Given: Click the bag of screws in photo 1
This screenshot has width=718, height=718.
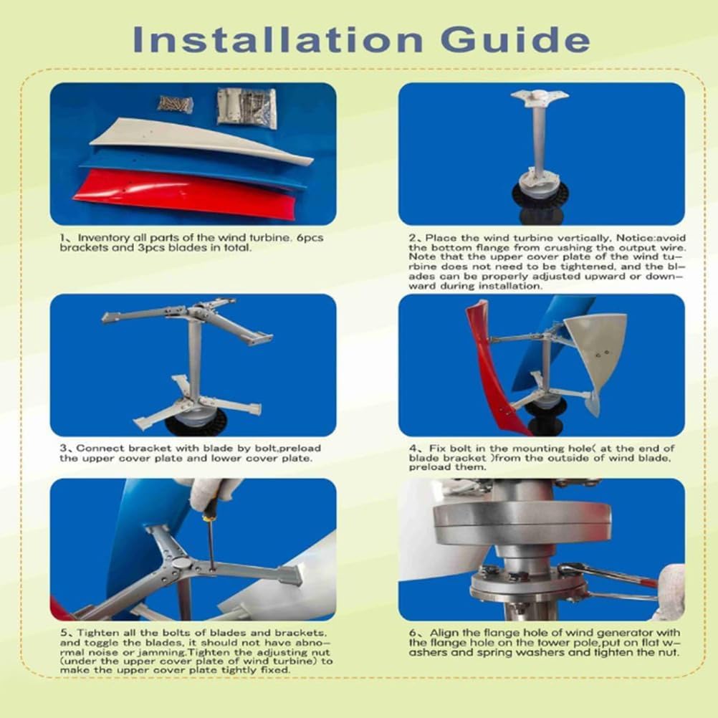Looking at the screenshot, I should [176, 105].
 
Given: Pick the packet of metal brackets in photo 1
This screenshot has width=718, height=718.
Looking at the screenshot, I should [247, 107].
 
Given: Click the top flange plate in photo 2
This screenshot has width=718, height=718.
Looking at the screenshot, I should [539, 96].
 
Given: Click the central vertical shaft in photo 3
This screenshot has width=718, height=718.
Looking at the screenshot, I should [193, 358].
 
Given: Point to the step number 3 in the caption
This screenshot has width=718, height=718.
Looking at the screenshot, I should [63, 448].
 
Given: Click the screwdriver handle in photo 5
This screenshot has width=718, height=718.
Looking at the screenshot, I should [209, 510].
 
